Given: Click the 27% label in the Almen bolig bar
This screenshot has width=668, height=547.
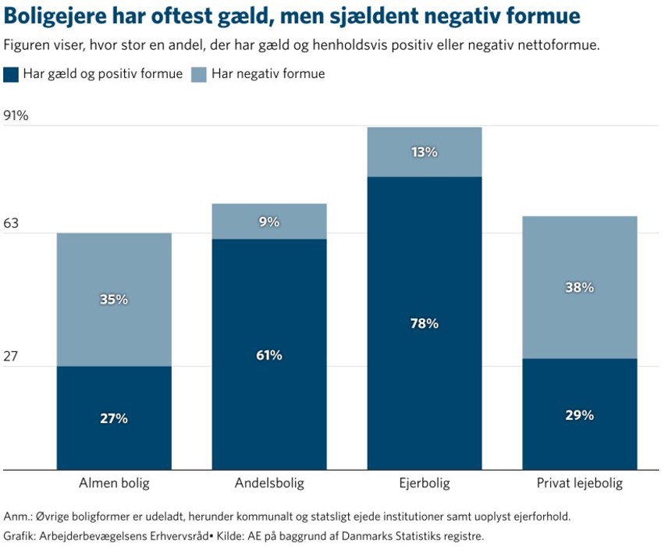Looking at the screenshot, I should coord(114,418).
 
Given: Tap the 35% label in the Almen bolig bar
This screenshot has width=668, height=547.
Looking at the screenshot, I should coord(114,300).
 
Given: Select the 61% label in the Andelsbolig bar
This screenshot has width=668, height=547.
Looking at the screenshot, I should coord(269,356).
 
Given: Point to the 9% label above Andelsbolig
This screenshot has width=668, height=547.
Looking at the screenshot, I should coord(269,222).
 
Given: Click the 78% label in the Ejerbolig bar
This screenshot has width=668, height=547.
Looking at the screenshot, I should coord(425,323).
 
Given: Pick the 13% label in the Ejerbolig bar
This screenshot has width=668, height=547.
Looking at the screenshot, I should coord(425,152).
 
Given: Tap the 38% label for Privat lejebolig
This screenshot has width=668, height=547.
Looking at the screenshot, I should coord(580,287).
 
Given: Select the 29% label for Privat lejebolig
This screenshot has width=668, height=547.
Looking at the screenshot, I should coord(580,415).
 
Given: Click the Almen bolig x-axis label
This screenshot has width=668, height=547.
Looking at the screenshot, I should coord(114,483).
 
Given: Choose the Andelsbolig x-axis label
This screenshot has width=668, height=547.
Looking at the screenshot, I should coord(269,483).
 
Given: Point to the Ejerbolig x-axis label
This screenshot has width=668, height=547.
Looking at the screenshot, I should coord(425,483).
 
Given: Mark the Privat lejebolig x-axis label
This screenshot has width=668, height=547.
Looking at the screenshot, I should coord(580,483).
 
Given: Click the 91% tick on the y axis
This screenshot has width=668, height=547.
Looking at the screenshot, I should coord(16,116).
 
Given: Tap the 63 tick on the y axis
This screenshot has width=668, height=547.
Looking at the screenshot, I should coord(12,224).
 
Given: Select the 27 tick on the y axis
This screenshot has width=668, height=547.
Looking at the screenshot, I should coord(12,357).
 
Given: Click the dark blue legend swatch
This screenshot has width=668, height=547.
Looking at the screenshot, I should coord(11,74).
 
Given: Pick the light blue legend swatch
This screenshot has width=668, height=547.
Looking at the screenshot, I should coord(199,74).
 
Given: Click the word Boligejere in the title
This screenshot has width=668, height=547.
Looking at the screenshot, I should coord(55,16).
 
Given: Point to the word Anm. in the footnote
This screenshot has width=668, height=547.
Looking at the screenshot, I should coord(18,517).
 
